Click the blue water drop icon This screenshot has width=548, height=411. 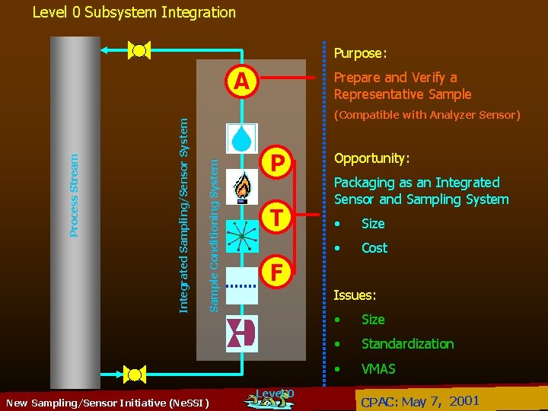pyautogui.click(x=241, y=137)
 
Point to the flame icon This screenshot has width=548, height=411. pyautogui.click(x=242, y=188)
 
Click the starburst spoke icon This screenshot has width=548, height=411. pyautogui.click(x=242, y=237)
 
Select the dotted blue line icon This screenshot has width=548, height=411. pyautogui.click(x=242, y=285)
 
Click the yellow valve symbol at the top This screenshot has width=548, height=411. pyautogui.click(x=140, y=51)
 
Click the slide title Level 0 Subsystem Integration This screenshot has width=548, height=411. pyautogui.click(x=134, y=12)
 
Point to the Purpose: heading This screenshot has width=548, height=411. pyautogui.click(x=360, y=53)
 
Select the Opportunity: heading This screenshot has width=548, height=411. pyautogui.click(x=372, y=158)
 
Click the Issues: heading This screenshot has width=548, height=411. pyautogui.click(x=355, y=295)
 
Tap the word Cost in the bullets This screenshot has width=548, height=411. pyautogui.click(x=374, y=248)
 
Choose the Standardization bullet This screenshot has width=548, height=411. pyautogui.click(x=407, y=344)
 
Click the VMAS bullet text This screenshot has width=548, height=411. pyautogui.click(x=378, y=369)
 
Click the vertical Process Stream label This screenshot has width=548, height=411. pyautogui.click(x=75, y=195)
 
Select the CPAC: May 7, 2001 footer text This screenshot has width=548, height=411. pyautogui.click(x=419, y=401)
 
